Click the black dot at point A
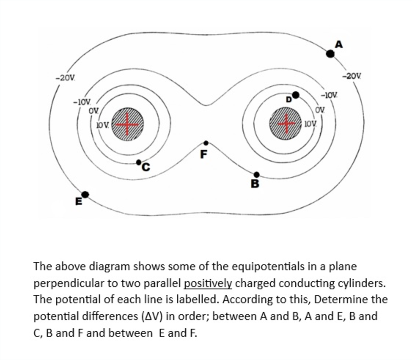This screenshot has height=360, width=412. [330, 54]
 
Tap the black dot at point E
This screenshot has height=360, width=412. [85, 194]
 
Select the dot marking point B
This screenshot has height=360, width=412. [257, 175]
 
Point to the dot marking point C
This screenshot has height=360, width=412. [139, 162]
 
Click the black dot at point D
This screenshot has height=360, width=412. [295, 95]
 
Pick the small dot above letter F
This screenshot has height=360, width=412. [206, 143]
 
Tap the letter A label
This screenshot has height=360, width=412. [339, 44]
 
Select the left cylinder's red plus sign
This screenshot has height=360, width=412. [127, 125]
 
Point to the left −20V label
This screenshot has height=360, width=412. [65, 78]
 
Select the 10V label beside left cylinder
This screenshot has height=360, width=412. [102, 126]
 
